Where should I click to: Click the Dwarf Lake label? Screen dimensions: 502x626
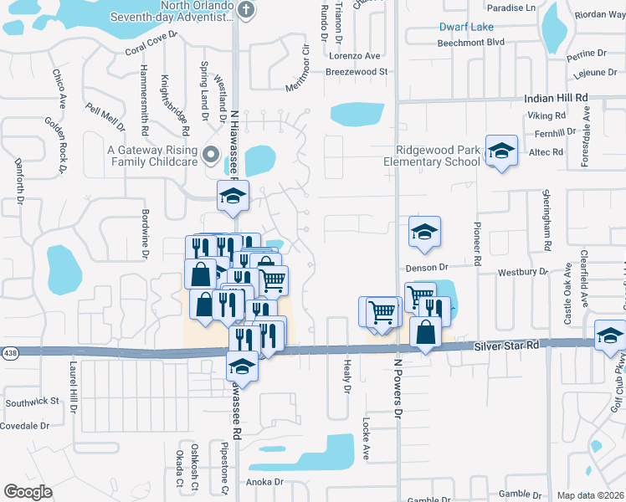pos(466,27)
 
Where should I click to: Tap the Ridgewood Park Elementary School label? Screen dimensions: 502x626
pos(438,156)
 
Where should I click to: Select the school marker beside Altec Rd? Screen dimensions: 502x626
pos(501,151)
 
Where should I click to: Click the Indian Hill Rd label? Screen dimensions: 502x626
pos(557,98)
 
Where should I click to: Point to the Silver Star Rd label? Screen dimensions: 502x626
pos(503,345)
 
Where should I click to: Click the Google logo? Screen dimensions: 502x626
pos(28,491)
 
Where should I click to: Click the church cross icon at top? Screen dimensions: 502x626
pos(245,10)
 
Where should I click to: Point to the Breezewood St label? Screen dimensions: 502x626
pos(357,72)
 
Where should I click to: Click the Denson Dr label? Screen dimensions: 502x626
pos(428,268)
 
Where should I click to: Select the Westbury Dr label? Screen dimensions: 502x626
pos(521,272)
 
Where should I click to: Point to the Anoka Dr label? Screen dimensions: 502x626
pos(265,482)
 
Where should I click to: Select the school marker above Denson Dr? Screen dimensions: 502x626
pos(424,231)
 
